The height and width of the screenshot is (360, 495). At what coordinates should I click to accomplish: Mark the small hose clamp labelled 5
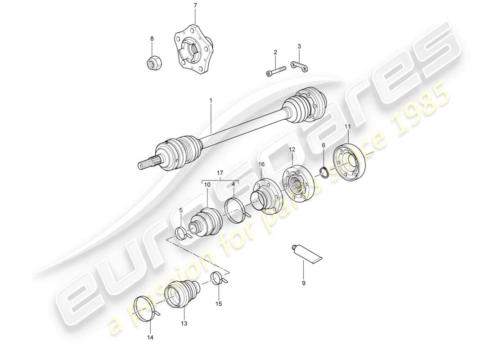click(x=182, y=234)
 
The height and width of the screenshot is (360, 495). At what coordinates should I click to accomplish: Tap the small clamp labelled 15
click(x=220, y=279)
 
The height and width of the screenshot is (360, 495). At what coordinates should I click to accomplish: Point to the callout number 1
click(x=210, y=100)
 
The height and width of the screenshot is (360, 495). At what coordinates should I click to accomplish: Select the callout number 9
click(x=303, y=283)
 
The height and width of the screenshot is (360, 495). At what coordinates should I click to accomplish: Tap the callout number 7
click(x=195, y=5)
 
